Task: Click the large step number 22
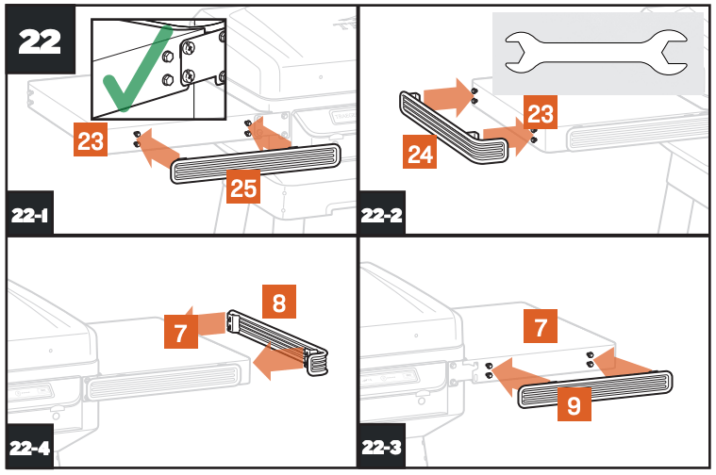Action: tap(41, 41)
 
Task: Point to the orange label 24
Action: tap(418, 151)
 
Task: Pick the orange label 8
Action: tap(279, 303)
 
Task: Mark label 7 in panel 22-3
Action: tap(541, 328)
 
